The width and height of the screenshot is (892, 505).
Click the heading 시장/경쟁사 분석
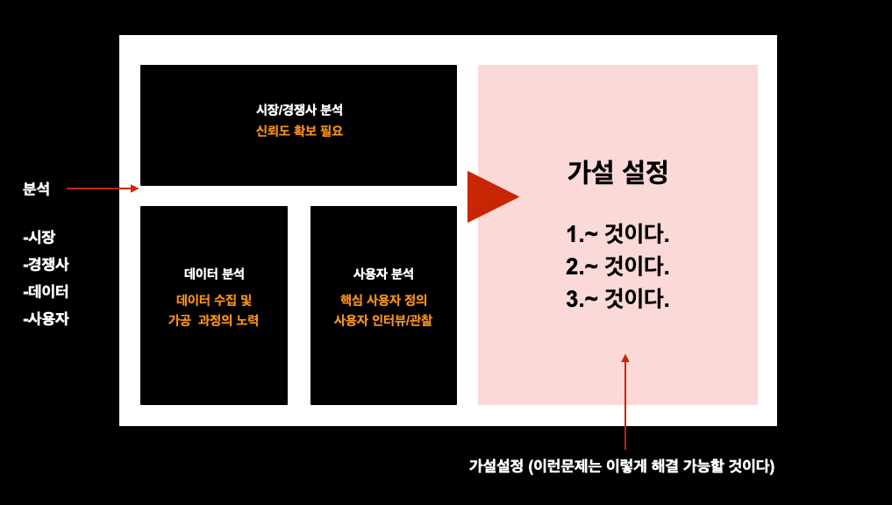[299, 110]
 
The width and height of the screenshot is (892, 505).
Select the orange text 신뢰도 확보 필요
[299, 132]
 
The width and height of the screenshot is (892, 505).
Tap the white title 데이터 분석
[214, 274]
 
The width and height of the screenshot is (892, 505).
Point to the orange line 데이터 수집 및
[214, 300]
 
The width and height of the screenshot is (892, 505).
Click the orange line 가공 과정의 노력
[214, 321]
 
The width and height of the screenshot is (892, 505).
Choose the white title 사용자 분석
[383, 274]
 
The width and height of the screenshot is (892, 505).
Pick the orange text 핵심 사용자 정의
[383, 300]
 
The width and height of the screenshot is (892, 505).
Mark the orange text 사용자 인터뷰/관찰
[383, 321]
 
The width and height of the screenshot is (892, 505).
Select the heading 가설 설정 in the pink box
[617, 173]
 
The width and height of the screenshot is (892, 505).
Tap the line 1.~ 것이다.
[617, 235]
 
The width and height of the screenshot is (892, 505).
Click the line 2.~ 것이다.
[617, 267]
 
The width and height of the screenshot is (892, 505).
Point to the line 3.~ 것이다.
[617, 299]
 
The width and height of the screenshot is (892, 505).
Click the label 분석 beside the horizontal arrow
[36, 188]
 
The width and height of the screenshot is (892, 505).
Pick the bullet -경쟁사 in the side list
[46, 264]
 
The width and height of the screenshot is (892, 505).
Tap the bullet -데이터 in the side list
[46, 291]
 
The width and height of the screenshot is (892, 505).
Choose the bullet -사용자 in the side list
[46, 319]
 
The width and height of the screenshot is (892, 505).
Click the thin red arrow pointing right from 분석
[102, 188]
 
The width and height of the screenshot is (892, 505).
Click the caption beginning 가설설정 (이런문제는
[621, 466]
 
